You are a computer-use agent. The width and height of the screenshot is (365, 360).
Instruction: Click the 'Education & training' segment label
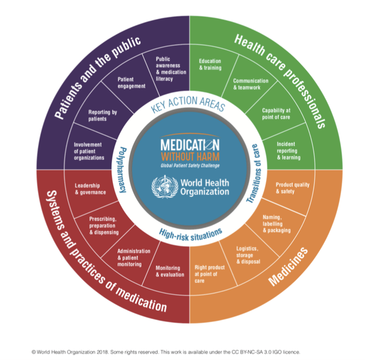pos(210,64)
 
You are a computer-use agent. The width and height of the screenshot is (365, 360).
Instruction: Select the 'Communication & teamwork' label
pos(251,84)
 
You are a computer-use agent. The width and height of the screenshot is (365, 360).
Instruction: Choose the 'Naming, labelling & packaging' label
pos(275,224)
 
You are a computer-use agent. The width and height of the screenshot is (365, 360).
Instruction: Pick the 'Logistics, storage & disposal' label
pos(247,254)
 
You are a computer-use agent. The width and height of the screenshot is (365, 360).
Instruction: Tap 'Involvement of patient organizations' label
pos(88,151)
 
